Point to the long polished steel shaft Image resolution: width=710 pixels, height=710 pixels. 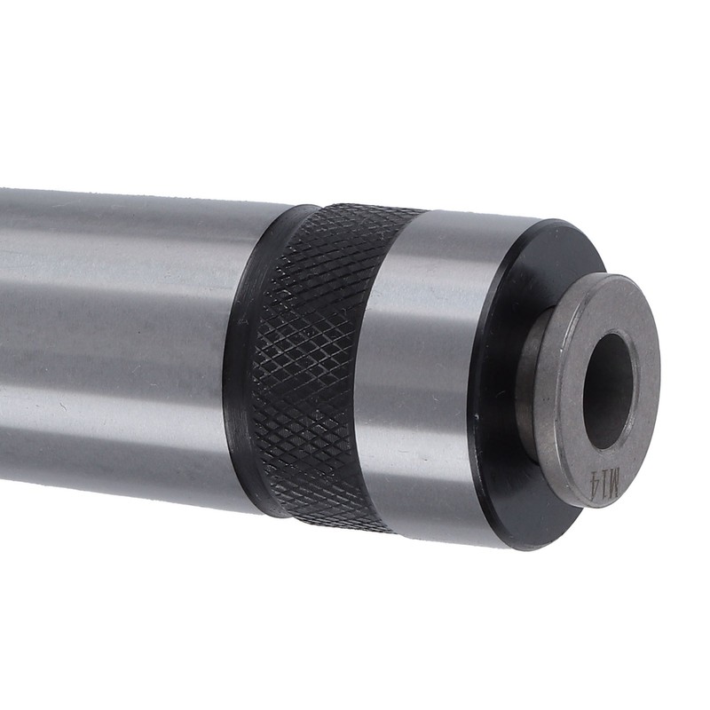point(115,337)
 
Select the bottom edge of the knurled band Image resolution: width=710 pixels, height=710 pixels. point(346,523)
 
